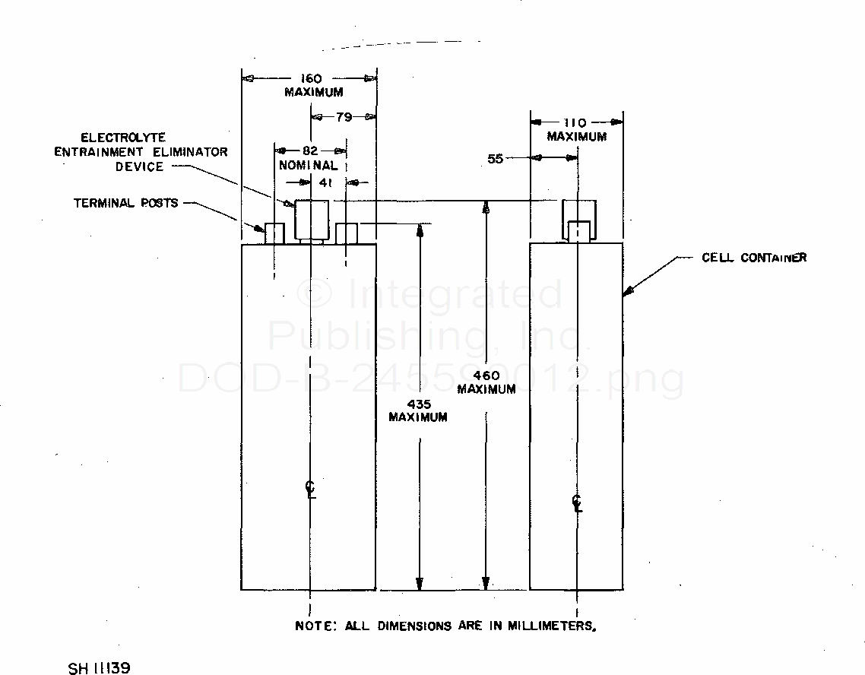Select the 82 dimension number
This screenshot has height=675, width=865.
click(x=309, y=151)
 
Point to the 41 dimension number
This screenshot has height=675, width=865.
click(x=328, y=183)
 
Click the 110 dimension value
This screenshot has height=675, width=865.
click(x=577, y=122)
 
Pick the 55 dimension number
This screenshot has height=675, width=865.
click(x=495, y=159)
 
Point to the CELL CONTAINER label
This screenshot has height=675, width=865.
click(x=753, y=258)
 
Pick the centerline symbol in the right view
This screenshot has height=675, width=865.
click(x=577, y=502)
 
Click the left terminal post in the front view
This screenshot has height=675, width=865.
click(x=274, y=233)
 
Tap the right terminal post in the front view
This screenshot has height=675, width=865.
click(x=346, y=233)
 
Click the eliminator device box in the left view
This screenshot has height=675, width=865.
click(x=310, y=220)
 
